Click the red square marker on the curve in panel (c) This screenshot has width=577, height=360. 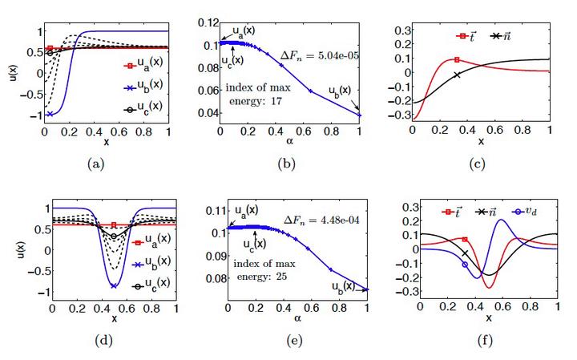pos(457,59)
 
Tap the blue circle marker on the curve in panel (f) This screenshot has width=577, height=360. pos(465,265)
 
